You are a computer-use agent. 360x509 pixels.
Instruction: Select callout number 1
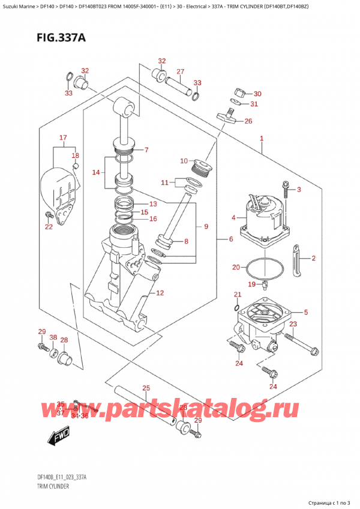[262, 139]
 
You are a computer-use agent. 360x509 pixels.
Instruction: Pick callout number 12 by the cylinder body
[160, 293]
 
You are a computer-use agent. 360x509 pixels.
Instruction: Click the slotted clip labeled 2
[295, 259]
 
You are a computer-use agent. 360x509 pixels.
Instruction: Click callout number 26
[248, 121]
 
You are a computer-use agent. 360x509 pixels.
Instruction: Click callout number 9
[206, 226]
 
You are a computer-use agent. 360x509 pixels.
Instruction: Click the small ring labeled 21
[238, 308]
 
